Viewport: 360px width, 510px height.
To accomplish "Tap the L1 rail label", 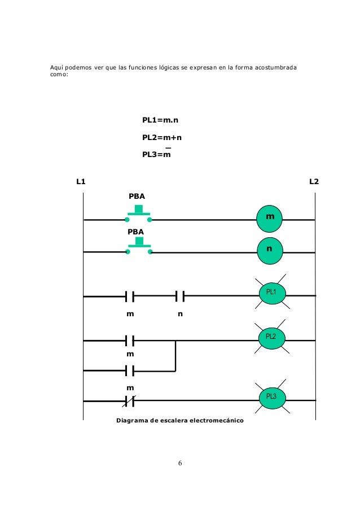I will click(x=81, y=182).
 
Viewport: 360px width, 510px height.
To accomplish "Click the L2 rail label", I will click(x=314, y=182).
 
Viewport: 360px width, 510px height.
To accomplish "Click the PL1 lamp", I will click(x=271, y=293).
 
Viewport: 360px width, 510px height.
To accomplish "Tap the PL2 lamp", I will click(x=271, y=337).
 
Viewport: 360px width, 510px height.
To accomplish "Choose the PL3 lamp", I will click(x=271, y=398).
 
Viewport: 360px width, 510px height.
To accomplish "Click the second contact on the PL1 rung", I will click(x=180, y=295).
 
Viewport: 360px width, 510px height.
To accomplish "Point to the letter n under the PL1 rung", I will click(x=180, y=314).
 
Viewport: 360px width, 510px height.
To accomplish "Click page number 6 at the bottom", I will click(x=179, y=464).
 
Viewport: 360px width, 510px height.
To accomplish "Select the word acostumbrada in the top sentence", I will click(x=277, y=69).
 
